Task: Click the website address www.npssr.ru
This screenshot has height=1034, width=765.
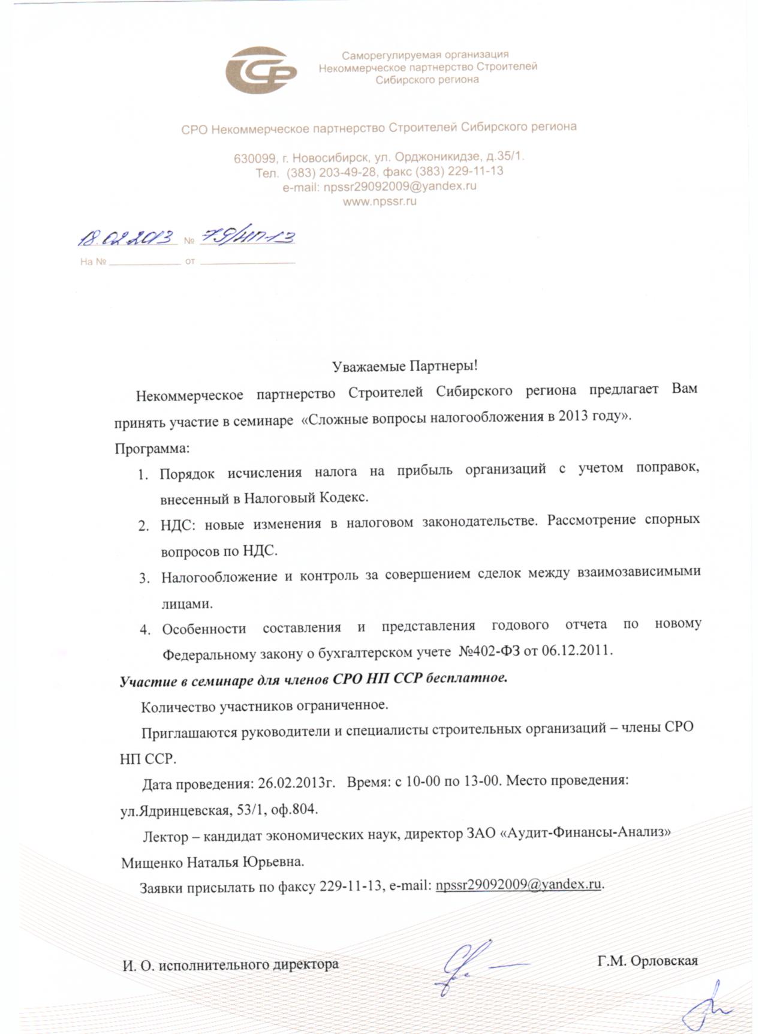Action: click(x=380, y=202)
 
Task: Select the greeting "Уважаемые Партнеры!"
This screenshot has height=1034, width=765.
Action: click(x=405, y=365)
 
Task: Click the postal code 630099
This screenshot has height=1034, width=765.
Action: click(x=254, y=158)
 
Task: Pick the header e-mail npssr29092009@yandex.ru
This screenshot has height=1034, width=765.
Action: click(x=400, y=187)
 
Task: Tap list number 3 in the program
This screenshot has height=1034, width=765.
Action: click(x=144, y=578)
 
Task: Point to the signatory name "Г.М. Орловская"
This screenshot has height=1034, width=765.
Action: click(x=647, y=961)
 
